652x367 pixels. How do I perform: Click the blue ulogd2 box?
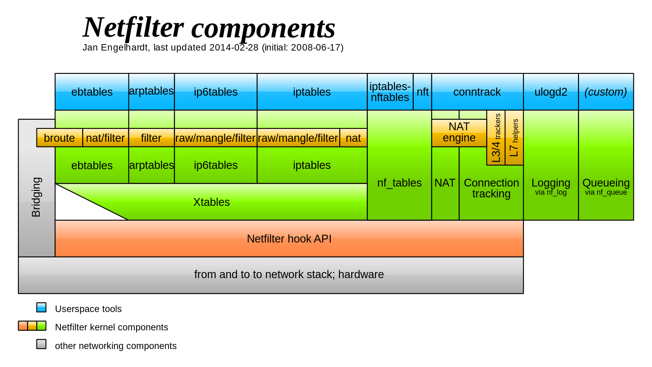click(550, 92)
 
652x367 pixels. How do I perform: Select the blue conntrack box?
click(477, 92)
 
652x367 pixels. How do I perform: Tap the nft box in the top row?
click(422, 92)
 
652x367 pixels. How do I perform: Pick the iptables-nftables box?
click(390, 92)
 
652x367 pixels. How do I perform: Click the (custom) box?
click(605, 92)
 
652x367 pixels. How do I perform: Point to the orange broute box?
click(59, 138)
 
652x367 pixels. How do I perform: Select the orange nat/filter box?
click(105, 138)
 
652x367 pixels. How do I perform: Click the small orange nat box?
click(353, 138)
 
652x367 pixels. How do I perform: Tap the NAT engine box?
click(459, 133)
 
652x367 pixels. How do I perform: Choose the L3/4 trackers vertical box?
click(496, 138)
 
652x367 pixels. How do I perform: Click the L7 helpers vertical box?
click(514, 138)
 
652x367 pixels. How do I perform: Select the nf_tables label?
click(399, 183)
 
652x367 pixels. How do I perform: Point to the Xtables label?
click(211, 202)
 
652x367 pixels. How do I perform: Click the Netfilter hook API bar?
click(289, 239)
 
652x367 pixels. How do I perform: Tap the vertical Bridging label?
click(36, 197)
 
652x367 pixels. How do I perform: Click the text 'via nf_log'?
click(550, 192)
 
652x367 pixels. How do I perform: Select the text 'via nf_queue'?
click(606, 192)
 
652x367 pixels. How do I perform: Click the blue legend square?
click(41, 307)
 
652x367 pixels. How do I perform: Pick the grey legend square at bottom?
click(41, 344)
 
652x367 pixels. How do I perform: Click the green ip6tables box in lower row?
click(216, 165)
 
